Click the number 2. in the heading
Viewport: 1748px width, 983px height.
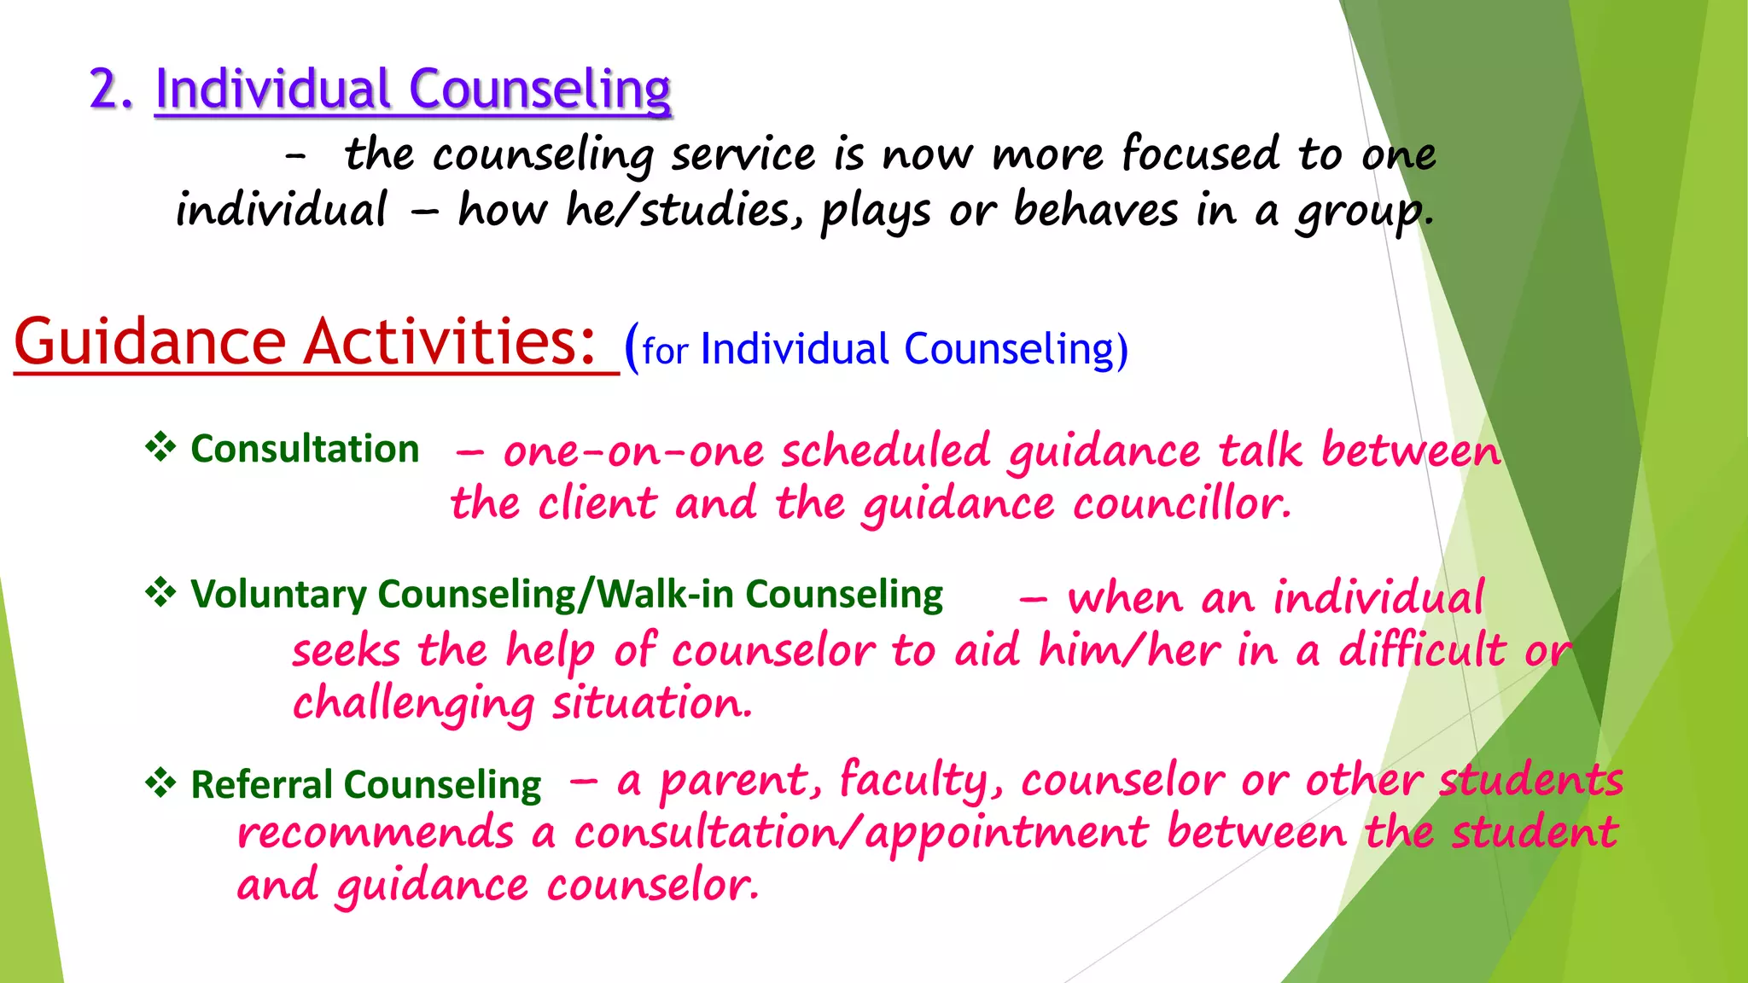(111, 89)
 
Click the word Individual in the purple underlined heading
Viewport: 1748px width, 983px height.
(272, 89)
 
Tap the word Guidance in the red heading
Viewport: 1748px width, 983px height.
(149, 342)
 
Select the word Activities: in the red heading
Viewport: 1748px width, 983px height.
(450, 342)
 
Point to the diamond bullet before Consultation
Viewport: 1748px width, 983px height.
(160, 446)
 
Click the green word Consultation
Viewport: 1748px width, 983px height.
(305, 449)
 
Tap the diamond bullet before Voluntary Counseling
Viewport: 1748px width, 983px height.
(160, 591)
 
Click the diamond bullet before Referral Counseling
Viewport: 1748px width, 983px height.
(160, 782)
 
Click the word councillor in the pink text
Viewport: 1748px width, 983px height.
(1180, 503)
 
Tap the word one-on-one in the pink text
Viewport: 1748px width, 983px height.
(633, 451)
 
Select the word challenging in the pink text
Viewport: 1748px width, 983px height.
(413, 705)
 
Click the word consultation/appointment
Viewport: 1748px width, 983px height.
(860, 833)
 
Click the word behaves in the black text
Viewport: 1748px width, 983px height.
(1095, 210)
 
